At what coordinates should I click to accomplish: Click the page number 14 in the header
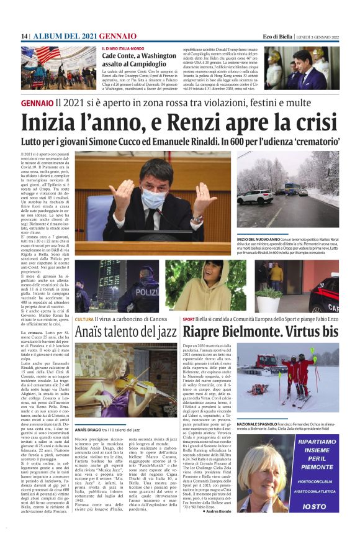[x=25, y=37]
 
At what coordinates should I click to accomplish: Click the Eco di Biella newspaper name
[x=277, y=37]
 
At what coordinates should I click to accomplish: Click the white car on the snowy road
[x=253, y=197]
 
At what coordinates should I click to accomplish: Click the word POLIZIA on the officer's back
[x=146, y=290]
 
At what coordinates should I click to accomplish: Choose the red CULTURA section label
[x=84, y=319]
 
